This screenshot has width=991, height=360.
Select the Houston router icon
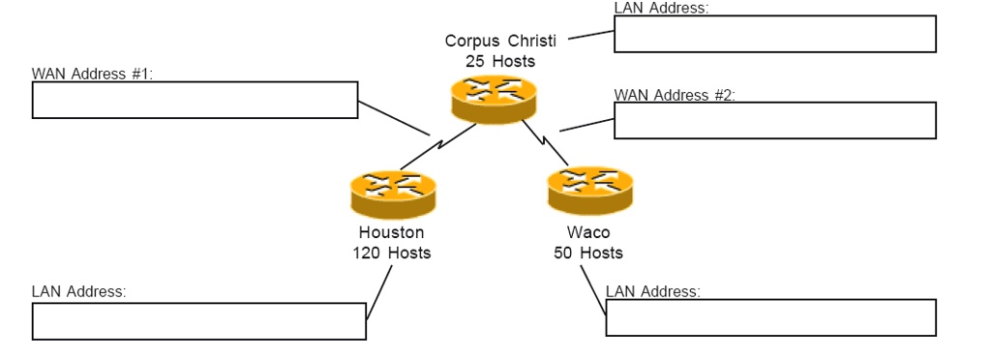393,193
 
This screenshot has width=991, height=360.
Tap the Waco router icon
589,189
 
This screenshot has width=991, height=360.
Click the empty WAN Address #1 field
195,101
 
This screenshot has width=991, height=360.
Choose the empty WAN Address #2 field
774,121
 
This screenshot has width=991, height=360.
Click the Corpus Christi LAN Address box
774,34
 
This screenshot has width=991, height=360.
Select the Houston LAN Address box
198,321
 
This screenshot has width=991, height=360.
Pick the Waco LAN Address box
770,317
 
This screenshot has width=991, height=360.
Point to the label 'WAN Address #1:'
92,75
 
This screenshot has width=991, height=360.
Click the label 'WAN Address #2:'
675,95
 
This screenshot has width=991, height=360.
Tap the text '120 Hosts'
392,253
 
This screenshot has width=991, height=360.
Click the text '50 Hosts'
587,253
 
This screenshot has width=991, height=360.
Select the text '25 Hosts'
499,61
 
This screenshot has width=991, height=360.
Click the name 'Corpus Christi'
499,41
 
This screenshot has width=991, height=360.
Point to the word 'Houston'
391,232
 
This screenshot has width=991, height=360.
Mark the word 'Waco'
587,232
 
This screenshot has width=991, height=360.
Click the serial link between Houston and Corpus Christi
440,145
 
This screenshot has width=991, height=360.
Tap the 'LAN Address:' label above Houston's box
78,291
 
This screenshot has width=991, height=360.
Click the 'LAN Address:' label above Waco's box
652,291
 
